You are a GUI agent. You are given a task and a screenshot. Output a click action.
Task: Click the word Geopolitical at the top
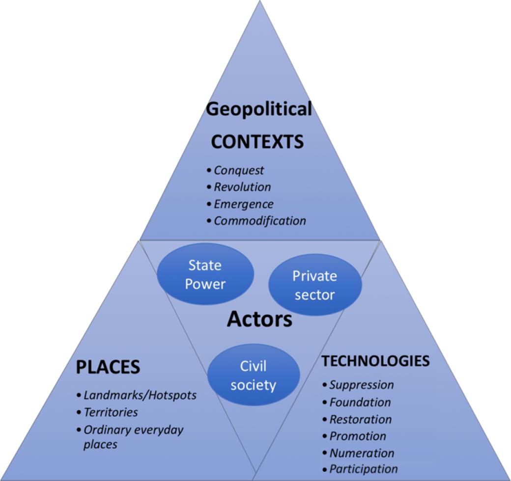pos(259,109)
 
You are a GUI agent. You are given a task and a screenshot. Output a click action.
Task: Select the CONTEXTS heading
pos(257,142)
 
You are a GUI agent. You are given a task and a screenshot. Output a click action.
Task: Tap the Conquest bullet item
pos(239,170)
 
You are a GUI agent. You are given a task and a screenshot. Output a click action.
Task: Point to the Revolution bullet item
pos(242,187)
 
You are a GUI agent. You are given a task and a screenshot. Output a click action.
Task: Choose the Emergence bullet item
pos(244,204)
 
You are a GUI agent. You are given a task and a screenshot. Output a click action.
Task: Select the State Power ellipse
pos(205,274)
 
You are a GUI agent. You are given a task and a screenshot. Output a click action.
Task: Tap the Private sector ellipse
pos(314,285)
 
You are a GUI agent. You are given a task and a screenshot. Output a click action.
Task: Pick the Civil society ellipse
pos(253,375)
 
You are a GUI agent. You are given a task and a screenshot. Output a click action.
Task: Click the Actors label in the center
pos(259,320)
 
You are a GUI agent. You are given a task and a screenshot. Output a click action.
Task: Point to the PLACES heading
pos(108,367)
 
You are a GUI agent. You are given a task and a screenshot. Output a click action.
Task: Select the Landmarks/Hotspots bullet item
pos(140,395)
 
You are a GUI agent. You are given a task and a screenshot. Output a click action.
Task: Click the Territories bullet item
pos(111,412)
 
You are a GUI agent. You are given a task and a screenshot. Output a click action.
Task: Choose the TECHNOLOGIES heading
pos(375,361)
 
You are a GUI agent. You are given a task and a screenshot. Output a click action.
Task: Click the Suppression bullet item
pos(362,385)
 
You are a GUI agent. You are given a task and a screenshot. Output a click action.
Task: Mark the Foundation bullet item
pos(360,402)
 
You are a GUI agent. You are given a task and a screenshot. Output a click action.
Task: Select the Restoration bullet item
pos(361,420)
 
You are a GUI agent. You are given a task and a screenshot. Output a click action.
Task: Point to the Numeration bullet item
pos(362,453)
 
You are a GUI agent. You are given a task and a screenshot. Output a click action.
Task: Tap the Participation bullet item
pos(364,469)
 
